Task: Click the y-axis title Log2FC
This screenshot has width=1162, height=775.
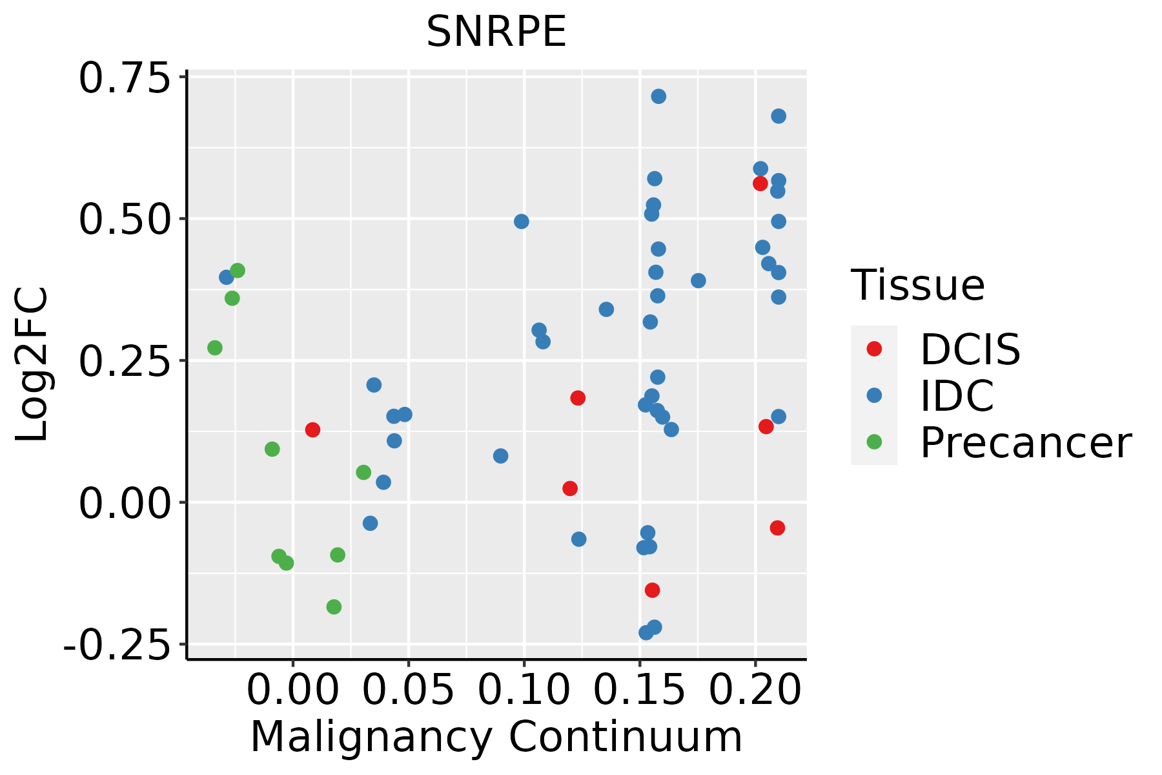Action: pos(32,365)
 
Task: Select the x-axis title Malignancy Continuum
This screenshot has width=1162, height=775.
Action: pos(496,737)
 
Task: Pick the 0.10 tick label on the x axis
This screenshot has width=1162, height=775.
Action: pos(524,690)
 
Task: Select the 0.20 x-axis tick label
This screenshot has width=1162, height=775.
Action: pos(755,690)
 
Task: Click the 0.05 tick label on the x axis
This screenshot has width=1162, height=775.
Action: pos(408,690)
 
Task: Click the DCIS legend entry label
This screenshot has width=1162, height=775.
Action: pos(970,350)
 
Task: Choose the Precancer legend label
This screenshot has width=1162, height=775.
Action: pos(1025,443)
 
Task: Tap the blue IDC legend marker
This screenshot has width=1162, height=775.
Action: pos(874,395)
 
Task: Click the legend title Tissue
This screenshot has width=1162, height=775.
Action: pos(917,285)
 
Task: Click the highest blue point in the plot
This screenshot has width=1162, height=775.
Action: pos(658,97)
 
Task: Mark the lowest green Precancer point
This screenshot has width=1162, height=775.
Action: pos(334,607)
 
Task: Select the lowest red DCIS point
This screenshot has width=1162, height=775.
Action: pos(652,590)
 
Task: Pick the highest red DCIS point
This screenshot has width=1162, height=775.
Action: pos(760,183)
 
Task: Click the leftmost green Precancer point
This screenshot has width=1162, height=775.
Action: pos(215,348)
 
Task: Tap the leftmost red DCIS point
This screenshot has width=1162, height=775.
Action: pos(312,430)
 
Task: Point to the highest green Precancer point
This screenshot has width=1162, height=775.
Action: pos(238,271)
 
